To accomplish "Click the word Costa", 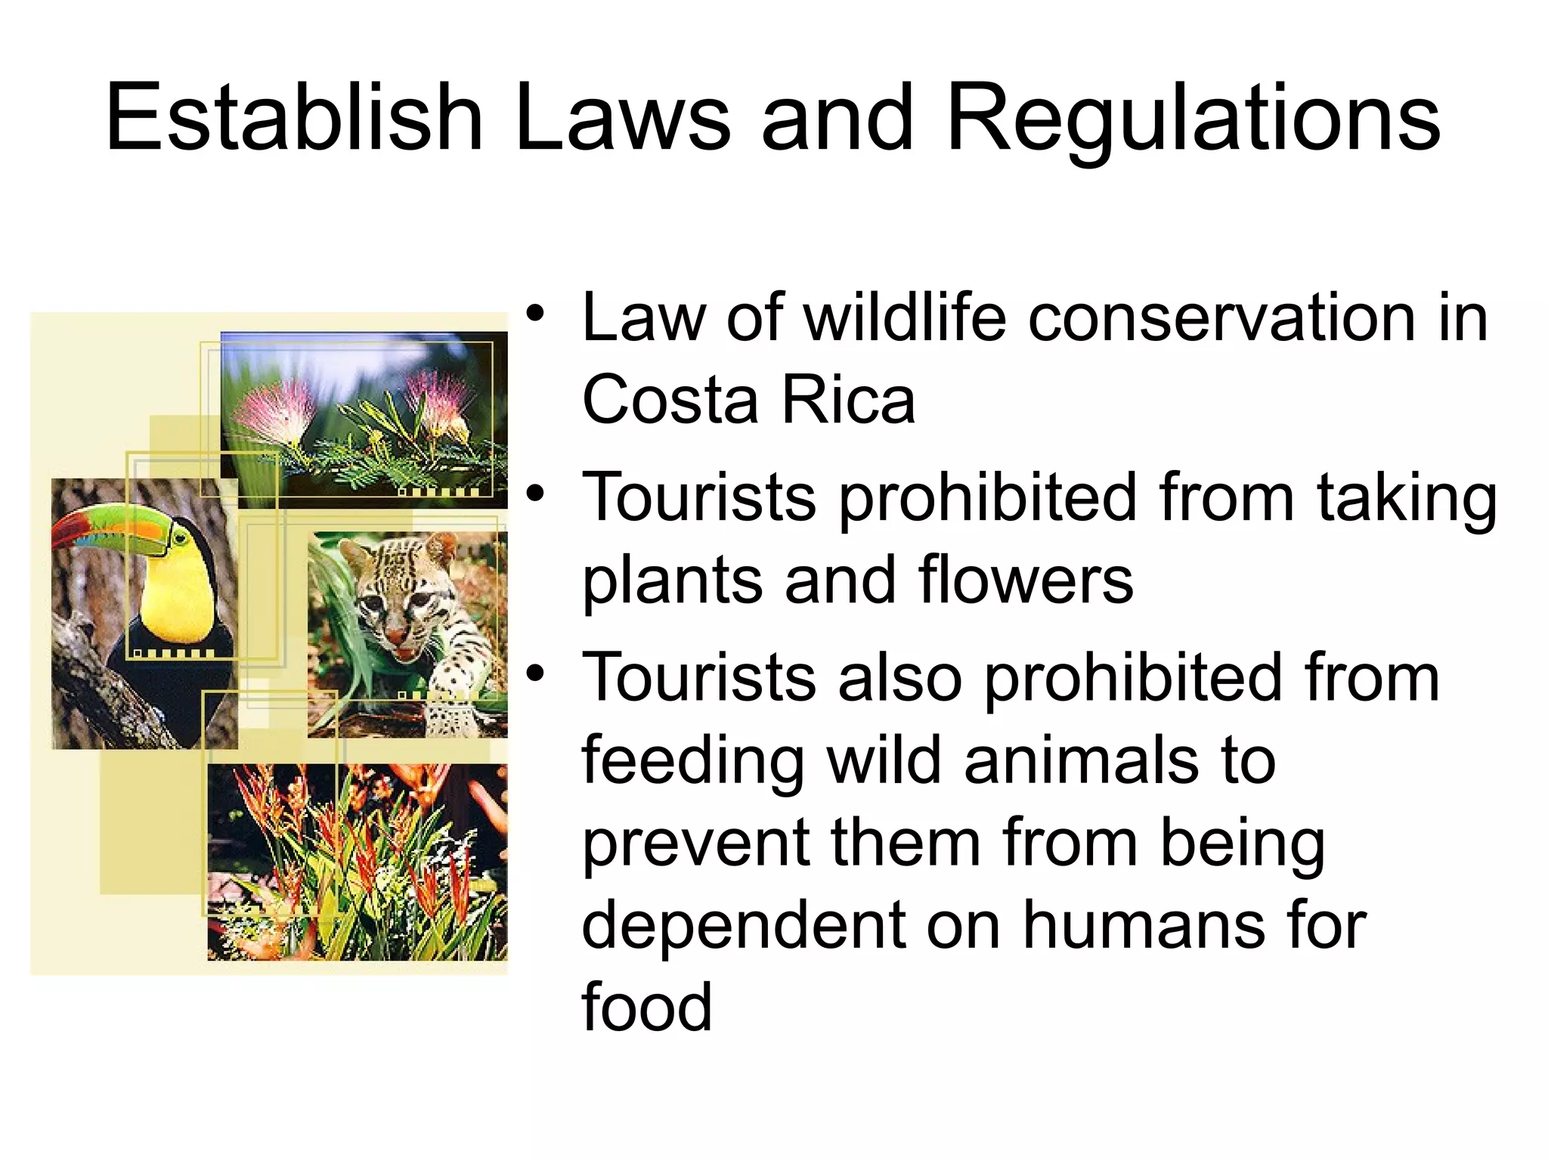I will (670, 400).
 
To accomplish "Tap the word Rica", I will (848, 400).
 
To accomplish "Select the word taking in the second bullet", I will (1407, 499).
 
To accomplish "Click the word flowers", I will (1026, 580).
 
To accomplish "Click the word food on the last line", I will (647, 1007).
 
